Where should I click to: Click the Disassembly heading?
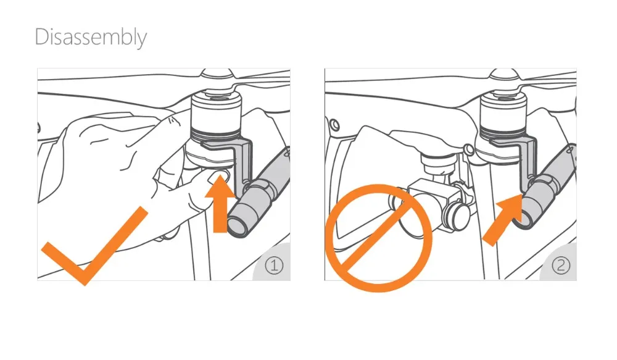tap(91, 38)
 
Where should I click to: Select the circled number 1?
tap(275, 265)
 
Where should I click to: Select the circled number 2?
tap(561, 265)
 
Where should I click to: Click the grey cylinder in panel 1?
tap(258, 197)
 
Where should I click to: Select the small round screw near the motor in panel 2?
tap(469, 149)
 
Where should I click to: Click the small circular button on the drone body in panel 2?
tap(334, 125)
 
